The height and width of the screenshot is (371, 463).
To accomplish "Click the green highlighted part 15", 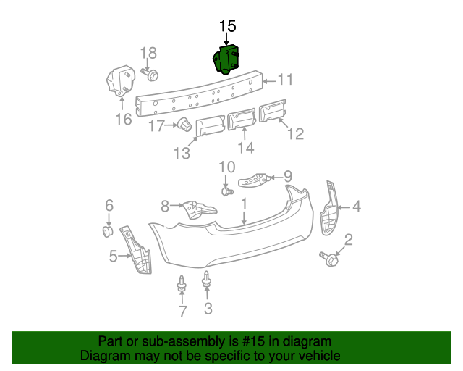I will [x=226, y=60].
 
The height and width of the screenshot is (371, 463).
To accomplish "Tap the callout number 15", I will [x=227, y=27].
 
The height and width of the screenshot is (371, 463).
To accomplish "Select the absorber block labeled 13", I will [x=209, y=125].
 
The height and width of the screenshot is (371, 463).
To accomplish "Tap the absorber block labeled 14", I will [x=242, y=119].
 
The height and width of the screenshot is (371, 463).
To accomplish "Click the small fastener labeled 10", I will [x=226, y=191].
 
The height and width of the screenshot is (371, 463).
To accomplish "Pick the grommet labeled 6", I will [x=108, y=232].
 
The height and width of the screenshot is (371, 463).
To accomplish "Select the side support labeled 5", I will [x=139, y=250].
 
